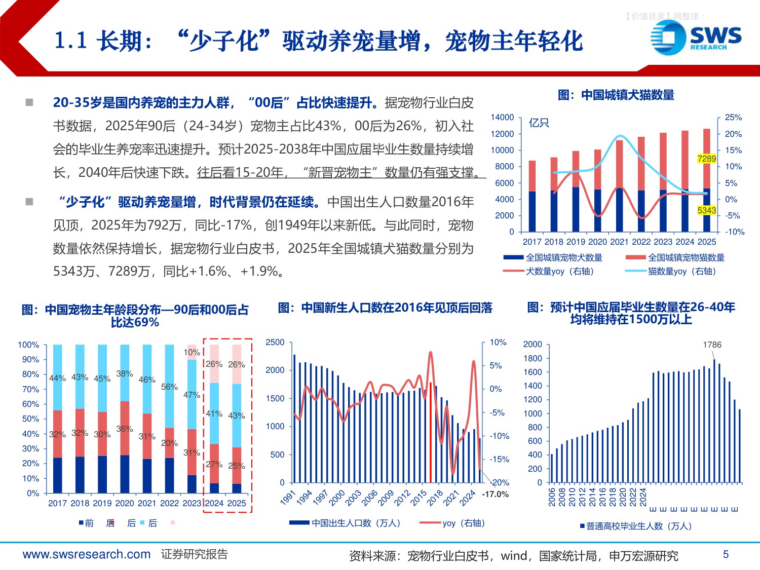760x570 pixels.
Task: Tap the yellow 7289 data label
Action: [x=706, y=159]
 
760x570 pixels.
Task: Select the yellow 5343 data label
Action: [x=706, y=210]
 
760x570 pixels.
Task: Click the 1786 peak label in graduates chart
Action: [x=712, y=345]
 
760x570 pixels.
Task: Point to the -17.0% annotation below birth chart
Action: [x=495, y=494]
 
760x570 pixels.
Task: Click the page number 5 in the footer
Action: [x=726, y=554]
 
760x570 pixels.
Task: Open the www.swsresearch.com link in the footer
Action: [x=87, y=554]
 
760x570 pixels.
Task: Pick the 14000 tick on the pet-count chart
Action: [x=502, y=118]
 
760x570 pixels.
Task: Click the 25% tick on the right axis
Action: [x=733, y=118]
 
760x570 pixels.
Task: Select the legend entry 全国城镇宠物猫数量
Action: [x=686, y=257]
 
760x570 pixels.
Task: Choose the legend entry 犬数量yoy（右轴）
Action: [x=559, y=271]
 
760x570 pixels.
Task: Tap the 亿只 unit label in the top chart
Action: [x=539, y=123]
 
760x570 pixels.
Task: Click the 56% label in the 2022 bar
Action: [x=169, y=387]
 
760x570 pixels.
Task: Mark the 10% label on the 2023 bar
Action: [x=192, y=352]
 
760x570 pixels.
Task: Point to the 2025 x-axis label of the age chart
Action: [x=236, y=503]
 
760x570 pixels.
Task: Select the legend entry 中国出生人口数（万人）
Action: [x=356, y=523]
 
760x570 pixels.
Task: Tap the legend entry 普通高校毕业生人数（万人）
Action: [x=638, y=526]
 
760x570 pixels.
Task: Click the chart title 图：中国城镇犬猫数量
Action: [x=616, y=95]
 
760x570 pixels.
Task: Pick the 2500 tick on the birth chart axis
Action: [x=275, y=343]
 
